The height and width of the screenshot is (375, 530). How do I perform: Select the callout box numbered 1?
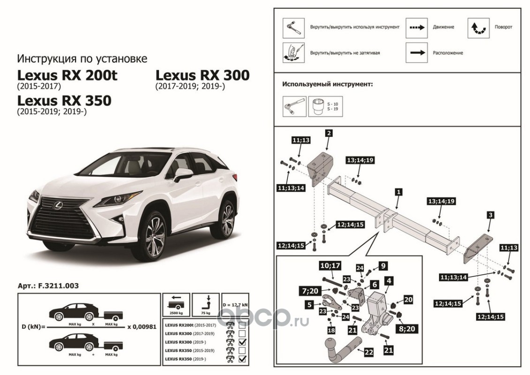tap(398, 192)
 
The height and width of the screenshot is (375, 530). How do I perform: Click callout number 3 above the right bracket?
tap(490, 215)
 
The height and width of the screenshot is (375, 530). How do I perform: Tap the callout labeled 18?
tap(331, 330)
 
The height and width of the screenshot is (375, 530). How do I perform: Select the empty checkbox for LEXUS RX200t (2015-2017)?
tap(242, 324)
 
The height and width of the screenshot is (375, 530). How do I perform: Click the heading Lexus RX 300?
tap(203, 75)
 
